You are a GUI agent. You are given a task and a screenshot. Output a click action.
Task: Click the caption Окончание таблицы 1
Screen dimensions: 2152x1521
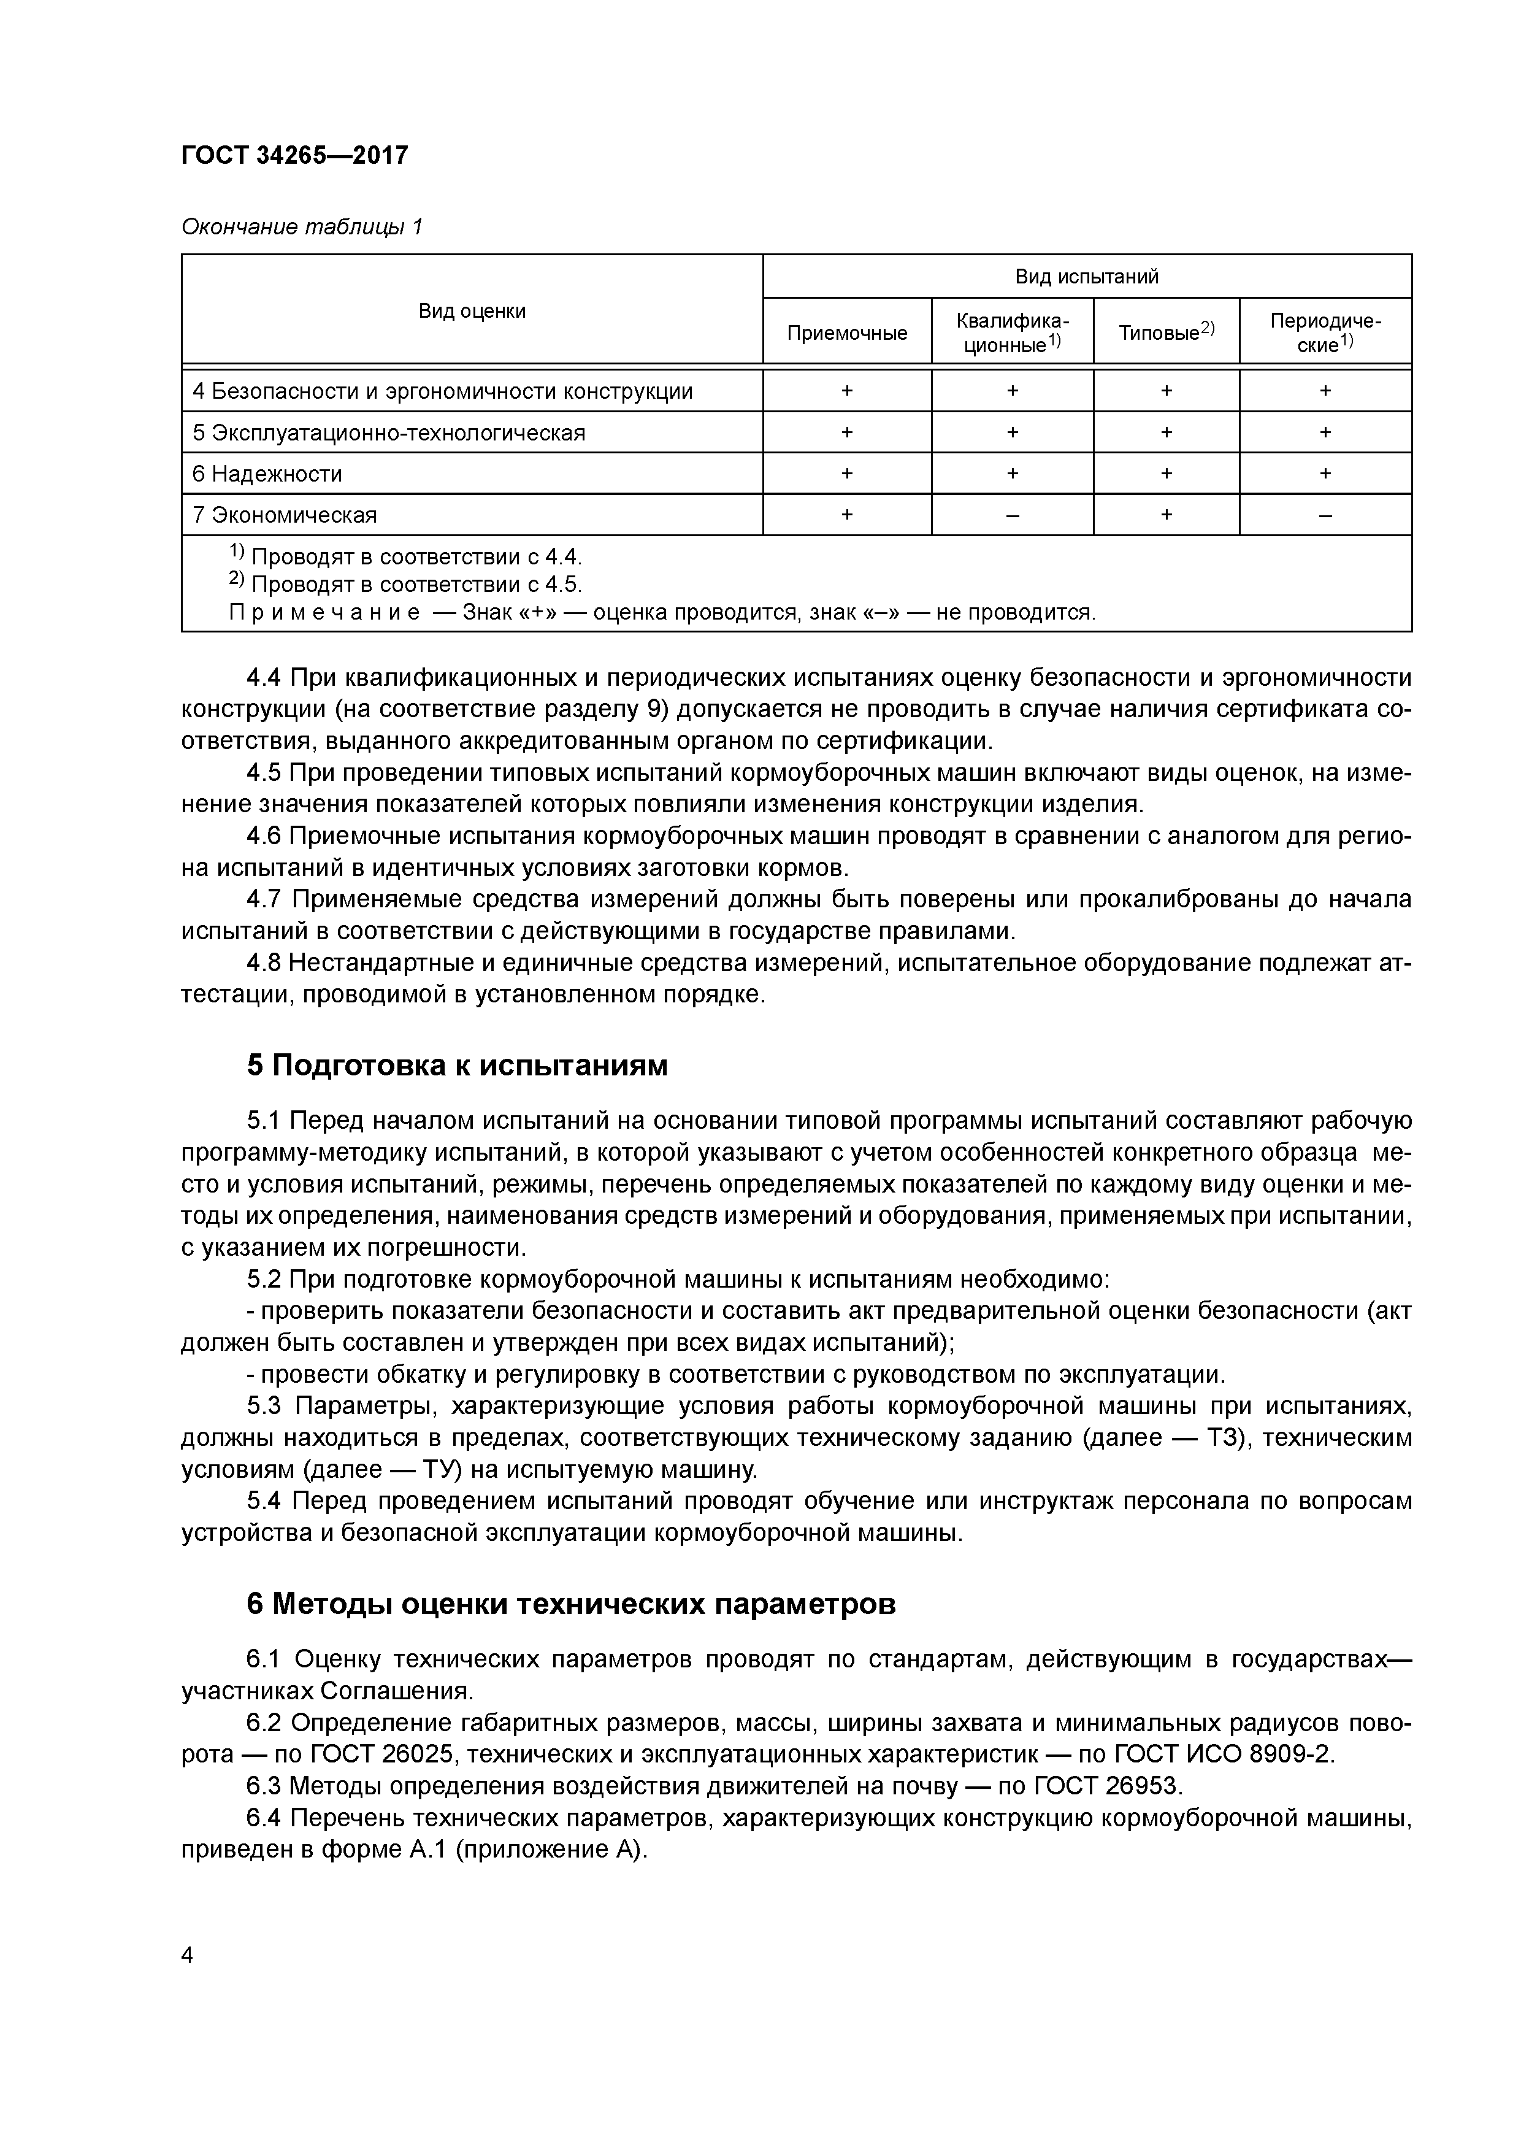[x=302, y=227]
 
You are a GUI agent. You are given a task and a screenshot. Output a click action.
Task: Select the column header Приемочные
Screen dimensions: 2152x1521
[x=846, y=332]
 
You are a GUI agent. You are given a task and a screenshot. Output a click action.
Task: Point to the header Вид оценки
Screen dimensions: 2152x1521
[x=472, y=310]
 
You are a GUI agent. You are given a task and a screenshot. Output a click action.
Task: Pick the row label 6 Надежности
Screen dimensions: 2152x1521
[x=267, y=474]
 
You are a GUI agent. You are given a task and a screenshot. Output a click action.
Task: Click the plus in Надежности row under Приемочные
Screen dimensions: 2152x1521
[x=846, y=474]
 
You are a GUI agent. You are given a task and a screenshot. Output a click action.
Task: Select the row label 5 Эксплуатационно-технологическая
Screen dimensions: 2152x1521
[x=388, y=433]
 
